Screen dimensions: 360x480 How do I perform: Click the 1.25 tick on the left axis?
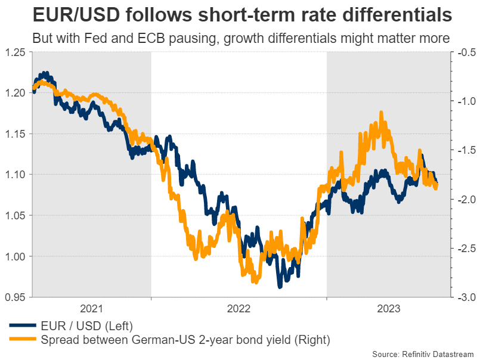click(x=16, y=52)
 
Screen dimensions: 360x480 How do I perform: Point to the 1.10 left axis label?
click(x=16, y=175)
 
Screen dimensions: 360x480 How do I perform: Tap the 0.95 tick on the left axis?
click(x=16, y=297)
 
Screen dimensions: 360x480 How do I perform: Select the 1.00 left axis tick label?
click(x=16, y=256)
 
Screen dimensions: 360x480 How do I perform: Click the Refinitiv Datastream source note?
click(x=423, y=353)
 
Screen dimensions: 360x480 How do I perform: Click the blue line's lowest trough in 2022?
click(x=280, y=287)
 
